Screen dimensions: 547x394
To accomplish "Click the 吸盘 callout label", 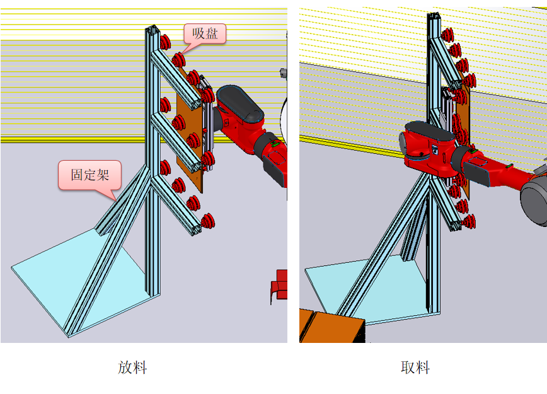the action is click(205, 33).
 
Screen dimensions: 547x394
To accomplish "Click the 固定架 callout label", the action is click(89, 175).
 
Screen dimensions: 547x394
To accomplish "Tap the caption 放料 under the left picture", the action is click(132, 368).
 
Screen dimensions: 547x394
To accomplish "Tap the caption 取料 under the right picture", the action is click(415, 368).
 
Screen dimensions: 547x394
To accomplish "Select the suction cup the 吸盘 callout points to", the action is click(178, 60).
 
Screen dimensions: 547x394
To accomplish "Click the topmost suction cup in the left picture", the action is click(165, 42).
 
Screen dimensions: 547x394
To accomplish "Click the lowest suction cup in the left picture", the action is click(207, 221).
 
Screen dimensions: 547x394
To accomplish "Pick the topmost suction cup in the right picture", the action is click(447, 35).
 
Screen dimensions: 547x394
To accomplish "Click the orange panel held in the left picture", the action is click(189, 139).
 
